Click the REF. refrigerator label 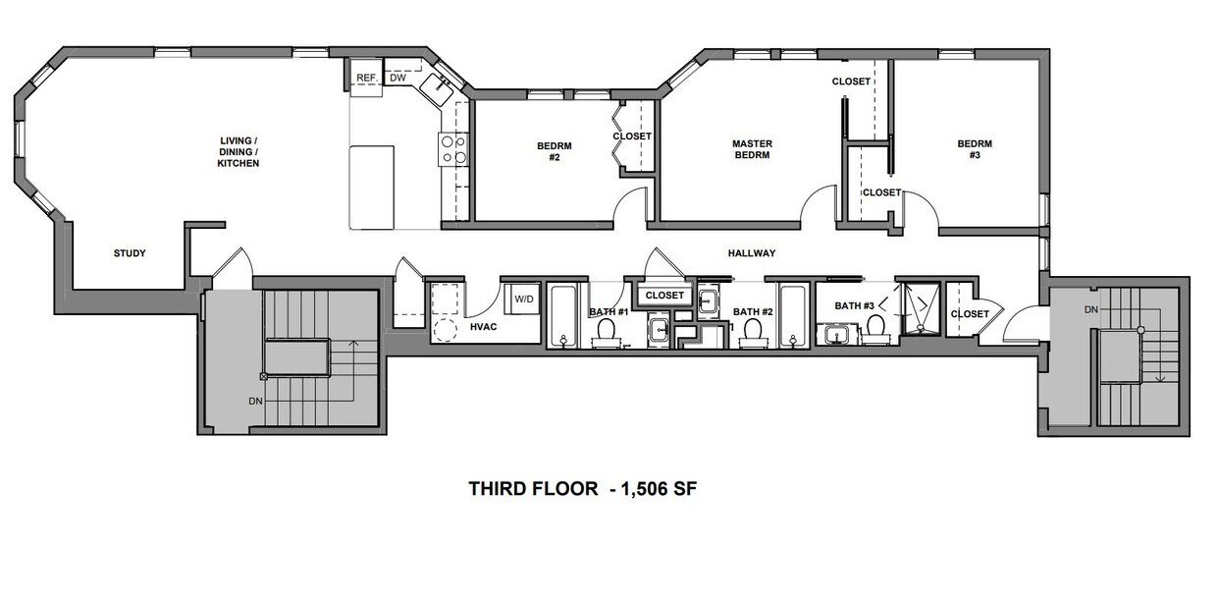(x=366, y=78)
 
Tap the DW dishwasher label (x=397, y=78)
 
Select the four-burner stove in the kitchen (x=452, y=149)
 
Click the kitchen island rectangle (x=372, y=187)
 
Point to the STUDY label (x=130, y=253)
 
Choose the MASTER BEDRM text (x=752, y=150)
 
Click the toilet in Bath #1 (x=606, y=332)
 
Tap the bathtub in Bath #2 (x=792, y=314)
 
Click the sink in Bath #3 (x=837, y=337)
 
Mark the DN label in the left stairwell (x=255, y=401)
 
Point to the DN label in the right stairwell (x=1091, y=309)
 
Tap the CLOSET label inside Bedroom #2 (x=632, y=137)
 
